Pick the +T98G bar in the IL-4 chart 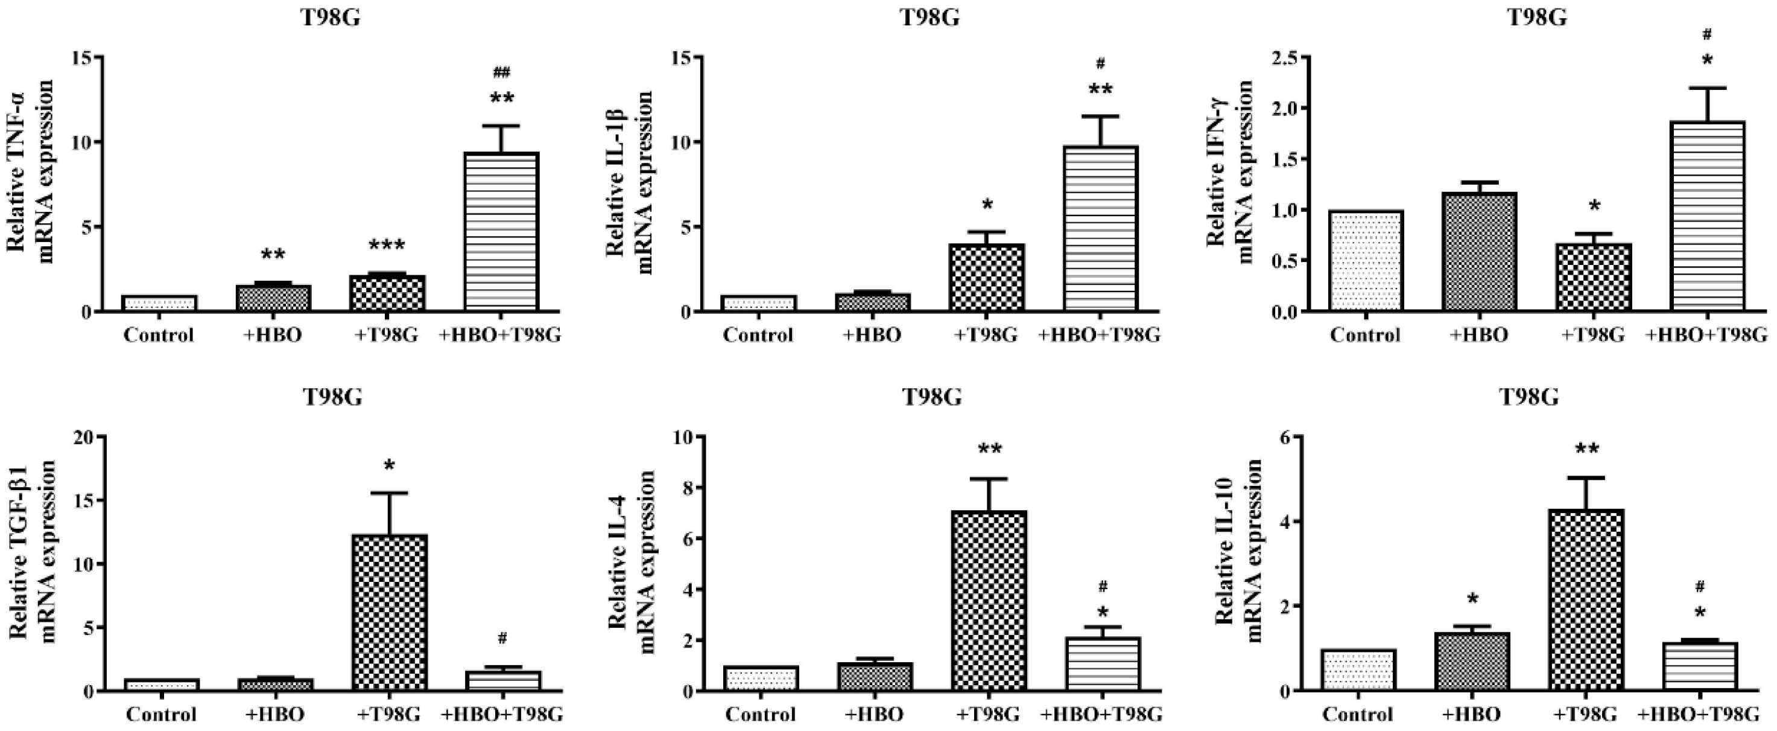989,601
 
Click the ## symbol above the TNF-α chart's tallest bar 501,72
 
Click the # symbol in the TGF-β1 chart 502,639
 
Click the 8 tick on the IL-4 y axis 685,488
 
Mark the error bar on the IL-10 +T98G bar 1585,492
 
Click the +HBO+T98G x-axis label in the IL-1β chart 1100,336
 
